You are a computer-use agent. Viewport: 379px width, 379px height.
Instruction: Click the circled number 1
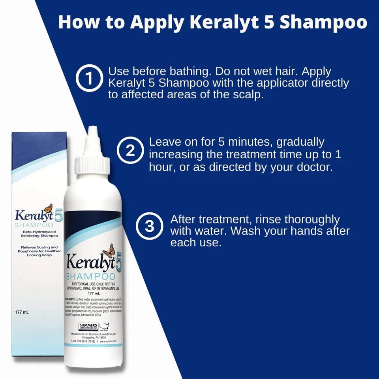tap(89, 78)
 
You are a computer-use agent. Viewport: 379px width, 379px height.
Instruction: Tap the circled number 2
tap(130, 151)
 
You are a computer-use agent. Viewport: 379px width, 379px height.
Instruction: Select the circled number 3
tap(149, 227)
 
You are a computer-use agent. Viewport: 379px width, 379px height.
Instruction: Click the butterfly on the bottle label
tap(109, 250)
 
